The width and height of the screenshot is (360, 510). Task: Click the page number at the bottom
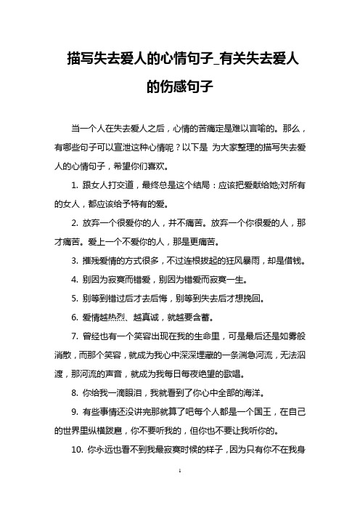(x=179, y=492)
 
